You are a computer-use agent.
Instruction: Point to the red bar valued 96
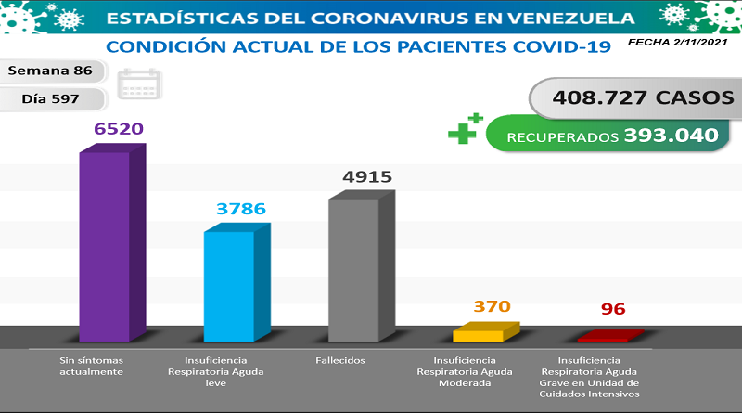607,336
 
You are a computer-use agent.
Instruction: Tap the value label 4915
368,176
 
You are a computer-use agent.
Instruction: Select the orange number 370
492,306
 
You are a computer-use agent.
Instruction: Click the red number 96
614,309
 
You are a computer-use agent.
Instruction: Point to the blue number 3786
240,209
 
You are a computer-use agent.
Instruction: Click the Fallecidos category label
339,360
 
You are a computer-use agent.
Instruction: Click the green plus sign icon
466,130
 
